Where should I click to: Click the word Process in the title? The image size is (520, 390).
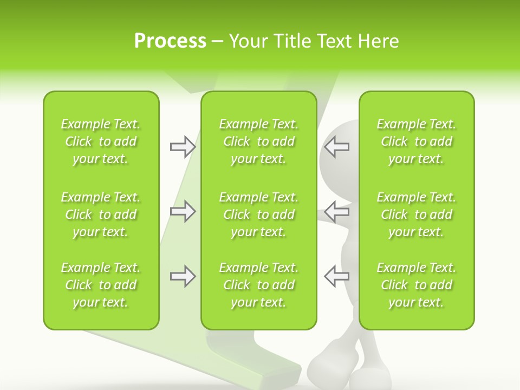[170, 41]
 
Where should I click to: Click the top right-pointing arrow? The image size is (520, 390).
[183, 147]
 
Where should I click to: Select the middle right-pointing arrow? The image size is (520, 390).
[183, 211]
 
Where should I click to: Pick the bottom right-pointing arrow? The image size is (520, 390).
[183, 276]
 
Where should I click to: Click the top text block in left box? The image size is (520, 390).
[101, 141]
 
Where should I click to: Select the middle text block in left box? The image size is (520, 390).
[101, 214]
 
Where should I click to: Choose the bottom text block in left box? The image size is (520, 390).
[101, 285]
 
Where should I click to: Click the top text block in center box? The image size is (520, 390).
[258, 141]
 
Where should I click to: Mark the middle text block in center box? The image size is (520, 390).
[258, 214]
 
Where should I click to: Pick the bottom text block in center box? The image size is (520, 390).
[258, 285]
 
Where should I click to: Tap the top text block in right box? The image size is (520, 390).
[417, 141]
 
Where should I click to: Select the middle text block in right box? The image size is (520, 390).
[417, 214]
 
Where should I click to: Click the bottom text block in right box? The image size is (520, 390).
[417, 285]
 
